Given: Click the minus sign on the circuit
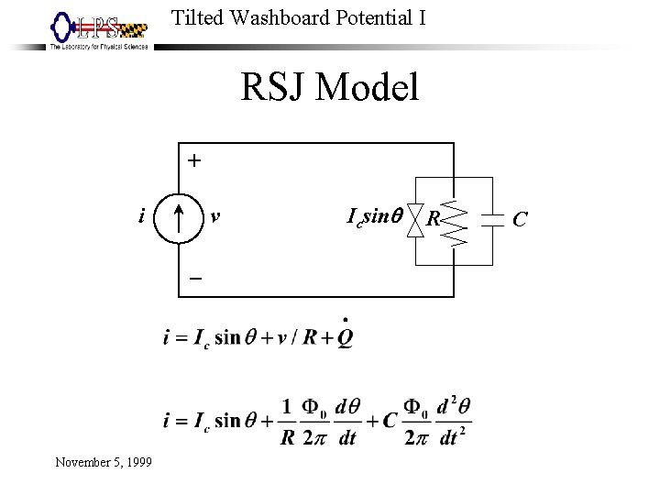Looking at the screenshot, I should (x=194, y=279).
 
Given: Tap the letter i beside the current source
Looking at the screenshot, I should (x=139, y=217).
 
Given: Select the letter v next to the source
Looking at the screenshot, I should (x=214, y=217).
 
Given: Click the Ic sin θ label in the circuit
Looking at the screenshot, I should (x=374, y=217).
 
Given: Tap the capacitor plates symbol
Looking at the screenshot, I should (x=494, y=219).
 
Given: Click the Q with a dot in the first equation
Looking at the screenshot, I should (x=345, y=335).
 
